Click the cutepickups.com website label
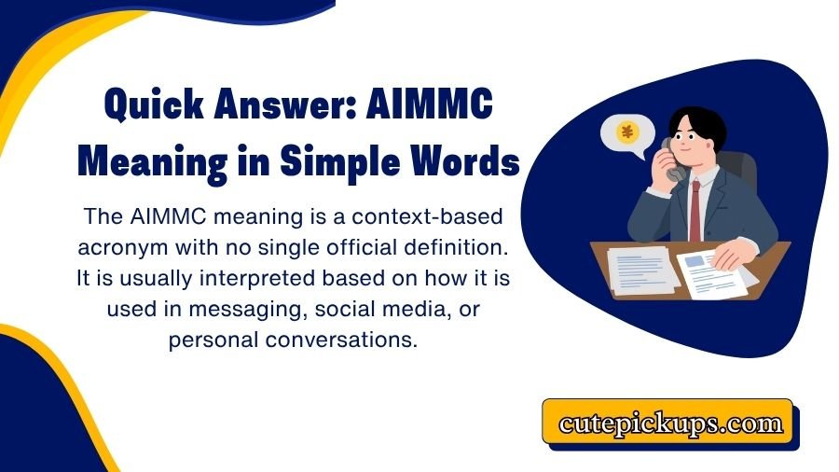coord(670,423)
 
